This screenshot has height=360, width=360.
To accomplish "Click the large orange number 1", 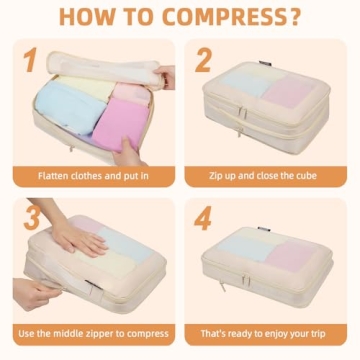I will click(x=31, y=62).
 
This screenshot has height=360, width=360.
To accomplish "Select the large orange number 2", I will click(x=204, y=61).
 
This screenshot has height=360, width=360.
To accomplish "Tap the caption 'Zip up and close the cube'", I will click(x=268, y=176).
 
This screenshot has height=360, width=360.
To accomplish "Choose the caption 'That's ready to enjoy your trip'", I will click(x=268, y=333).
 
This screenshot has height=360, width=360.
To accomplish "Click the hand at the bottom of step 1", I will click(x=128, y=155).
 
